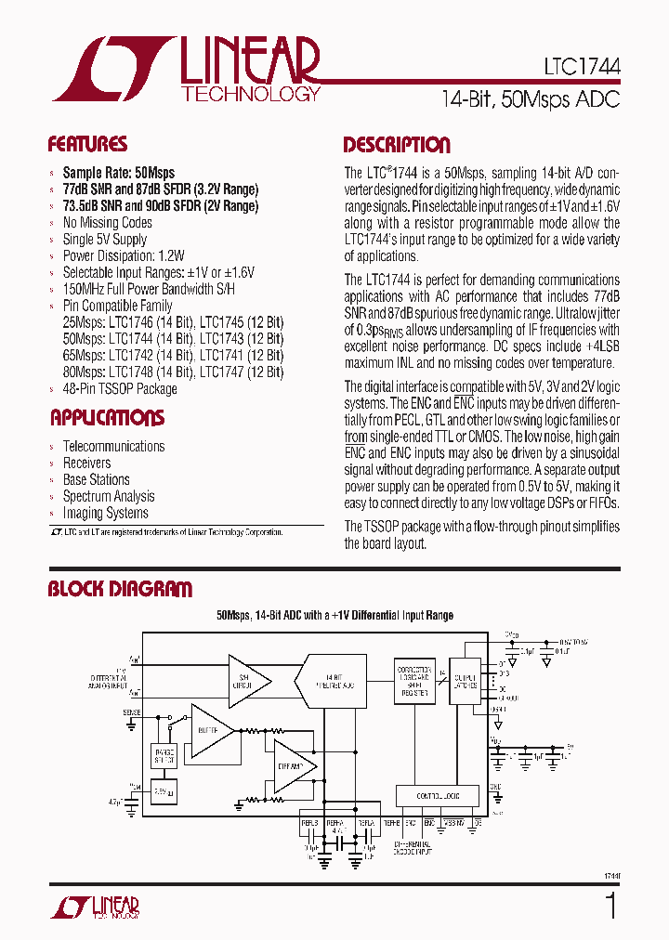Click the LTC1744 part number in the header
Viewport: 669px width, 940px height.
coord(583,69)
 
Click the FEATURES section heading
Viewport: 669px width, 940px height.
coord(87,145)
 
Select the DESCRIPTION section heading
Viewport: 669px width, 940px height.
coord(397,145)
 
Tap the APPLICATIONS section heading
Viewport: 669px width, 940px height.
coord(107,418)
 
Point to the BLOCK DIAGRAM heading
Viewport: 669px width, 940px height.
coord(120,589)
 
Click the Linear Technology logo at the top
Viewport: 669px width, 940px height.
coord(186,69)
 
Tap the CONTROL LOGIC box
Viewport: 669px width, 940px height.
coord(437,796)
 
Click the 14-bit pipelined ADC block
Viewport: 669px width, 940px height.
coord(333,682)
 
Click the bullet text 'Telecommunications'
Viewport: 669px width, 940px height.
coord(113,447)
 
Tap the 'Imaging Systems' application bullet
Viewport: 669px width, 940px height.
coord(105,514)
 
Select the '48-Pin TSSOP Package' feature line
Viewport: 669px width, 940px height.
coord(119,389)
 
